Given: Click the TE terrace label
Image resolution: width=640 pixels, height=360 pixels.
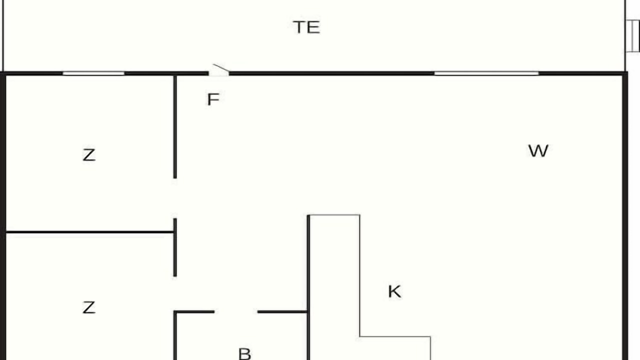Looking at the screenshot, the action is (306, 27).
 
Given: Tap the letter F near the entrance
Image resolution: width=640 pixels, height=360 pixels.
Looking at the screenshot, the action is (213, 99).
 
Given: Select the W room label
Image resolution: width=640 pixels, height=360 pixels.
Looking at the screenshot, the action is (538, 150).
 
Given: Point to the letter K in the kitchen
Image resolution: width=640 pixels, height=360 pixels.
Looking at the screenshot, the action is (394, 291).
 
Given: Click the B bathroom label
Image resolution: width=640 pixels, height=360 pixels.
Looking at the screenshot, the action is (244, 353).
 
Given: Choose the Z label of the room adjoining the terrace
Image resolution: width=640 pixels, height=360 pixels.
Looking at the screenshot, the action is (89, 155).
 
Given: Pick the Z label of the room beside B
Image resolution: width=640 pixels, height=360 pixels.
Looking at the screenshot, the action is (89, 307).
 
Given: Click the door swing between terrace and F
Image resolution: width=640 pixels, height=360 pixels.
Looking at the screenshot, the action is (220, 68).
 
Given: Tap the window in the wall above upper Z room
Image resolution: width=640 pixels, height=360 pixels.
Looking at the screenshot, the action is (93, 73).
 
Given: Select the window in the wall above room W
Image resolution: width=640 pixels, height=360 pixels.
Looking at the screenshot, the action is (486, 73).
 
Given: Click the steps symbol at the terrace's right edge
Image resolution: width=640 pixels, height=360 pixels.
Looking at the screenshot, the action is (633, 36).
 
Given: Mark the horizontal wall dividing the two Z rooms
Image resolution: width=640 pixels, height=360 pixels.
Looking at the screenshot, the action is (89, 232).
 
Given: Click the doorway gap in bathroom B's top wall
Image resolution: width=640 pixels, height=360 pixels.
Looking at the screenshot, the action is (236, 311).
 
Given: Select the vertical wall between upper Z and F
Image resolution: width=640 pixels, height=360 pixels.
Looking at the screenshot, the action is (175, 127).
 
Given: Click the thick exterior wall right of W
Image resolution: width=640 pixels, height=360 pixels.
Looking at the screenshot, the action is (625, 216).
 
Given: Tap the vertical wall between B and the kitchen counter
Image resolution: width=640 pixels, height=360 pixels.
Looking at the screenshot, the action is (308, 287).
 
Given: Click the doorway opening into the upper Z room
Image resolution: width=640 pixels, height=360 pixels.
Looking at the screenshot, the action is (175, 198).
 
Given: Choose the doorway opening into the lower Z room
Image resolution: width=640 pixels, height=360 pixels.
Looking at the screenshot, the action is (175, 293).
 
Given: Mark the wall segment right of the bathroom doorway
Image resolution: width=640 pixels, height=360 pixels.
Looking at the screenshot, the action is (282, 311).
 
